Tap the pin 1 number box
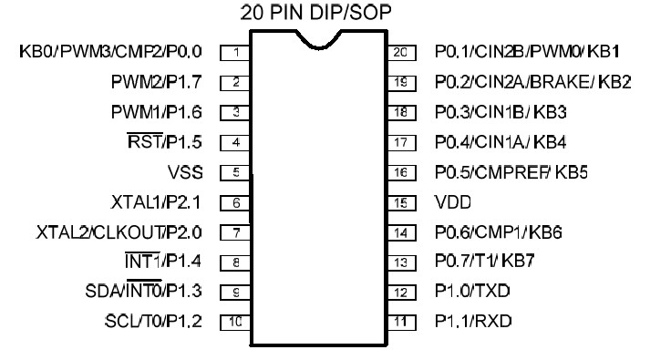coord(235,53)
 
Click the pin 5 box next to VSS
coord(235,172)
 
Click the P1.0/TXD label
coord(470,292)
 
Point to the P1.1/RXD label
coord(471,322)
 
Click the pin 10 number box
coord(235,322)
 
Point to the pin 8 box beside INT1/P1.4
coord(235,262)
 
